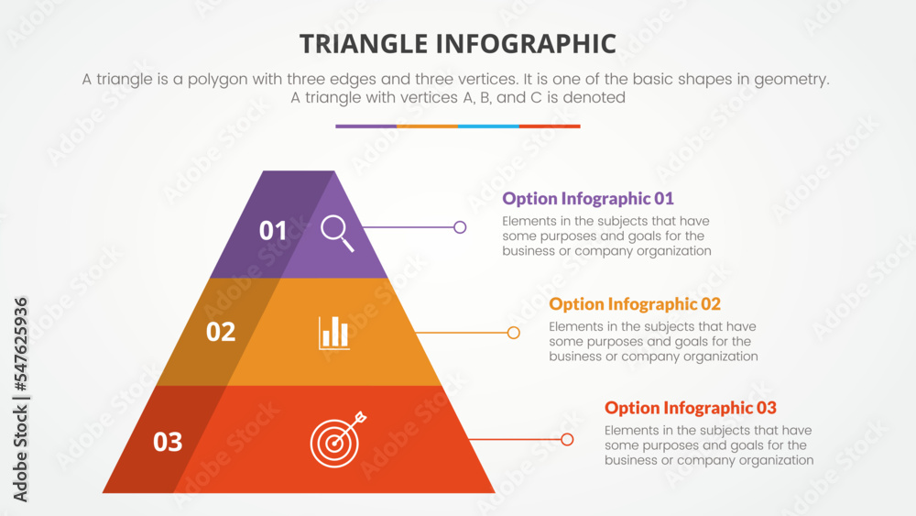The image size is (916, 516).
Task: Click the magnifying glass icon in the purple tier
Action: (337, 231)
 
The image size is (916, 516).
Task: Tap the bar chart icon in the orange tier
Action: (334, 333)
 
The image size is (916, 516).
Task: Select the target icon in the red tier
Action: (335, 441)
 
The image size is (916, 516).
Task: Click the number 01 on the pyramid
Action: (273, 231)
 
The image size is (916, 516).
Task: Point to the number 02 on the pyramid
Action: (221, 332)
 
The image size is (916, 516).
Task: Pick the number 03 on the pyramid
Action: (168, 442)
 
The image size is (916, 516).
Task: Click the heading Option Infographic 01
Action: (588, 198)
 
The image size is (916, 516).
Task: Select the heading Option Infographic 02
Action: (635, 304)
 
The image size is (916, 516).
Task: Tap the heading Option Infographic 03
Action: (691, 408)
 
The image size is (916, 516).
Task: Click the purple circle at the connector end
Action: (460, 227)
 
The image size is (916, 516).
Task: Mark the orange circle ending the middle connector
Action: (513, 333)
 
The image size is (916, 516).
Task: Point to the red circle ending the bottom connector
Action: (567, 440)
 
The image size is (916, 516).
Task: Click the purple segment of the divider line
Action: (365, 126)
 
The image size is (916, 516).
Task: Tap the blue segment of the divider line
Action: (488, 126)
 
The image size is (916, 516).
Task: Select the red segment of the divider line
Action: (550, 126)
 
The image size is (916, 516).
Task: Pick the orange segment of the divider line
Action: (427, 126)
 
